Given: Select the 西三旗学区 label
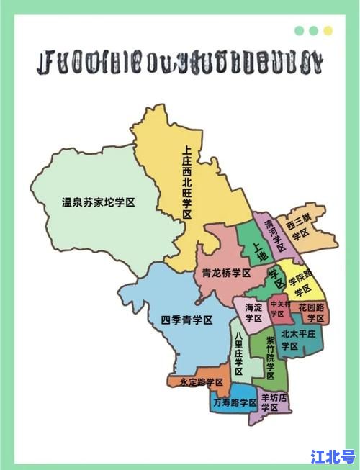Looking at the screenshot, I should tap(297, 227).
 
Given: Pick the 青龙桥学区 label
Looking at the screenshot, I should tap(226, 274).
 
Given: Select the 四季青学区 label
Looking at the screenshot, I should tap(186, 320).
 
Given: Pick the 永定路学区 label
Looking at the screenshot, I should tap(202, 382).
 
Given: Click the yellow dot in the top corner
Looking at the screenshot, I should tap(328, 31).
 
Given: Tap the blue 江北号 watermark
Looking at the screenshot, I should tap(333, 456).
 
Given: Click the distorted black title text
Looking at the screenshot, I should tap(181, 64).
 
